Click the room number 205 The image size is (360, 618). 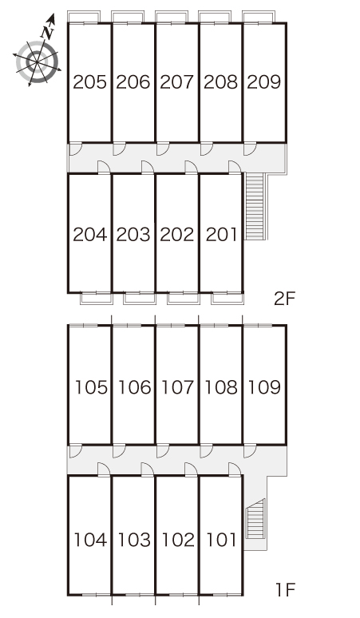[x=90, y=82]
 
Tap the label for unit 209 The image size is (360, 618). [x=264, y=82]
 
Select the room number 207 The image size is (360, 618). [x=177, y=82]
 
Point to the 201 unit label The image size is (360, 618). [x=222, y=235]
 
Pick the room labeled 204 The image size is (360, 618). [x=90, y=235]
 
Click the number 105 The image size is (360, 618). [x=91, y=387]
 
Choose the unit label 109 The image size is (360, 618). [x=264, y=387]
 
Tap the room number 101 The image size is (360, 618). [x=222, y=540]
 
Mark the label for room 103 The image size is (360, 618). [x=134, y=540]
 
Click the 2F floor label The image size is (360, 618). [x=284, y=299]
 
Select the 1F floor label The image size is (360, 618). [x=285, y=590]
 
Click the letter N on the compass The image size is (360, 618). [x=47, y=33]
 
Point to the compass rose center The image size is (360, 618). [x=37, y=61]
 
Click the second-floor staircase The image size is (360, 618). [x=255, y=206]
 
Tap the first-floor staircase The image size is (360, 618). [x=255, y=519]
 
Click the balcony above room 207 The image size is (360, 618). [x=171, y=17]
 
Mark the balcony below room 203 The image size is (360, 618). [x=139, y=299]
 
